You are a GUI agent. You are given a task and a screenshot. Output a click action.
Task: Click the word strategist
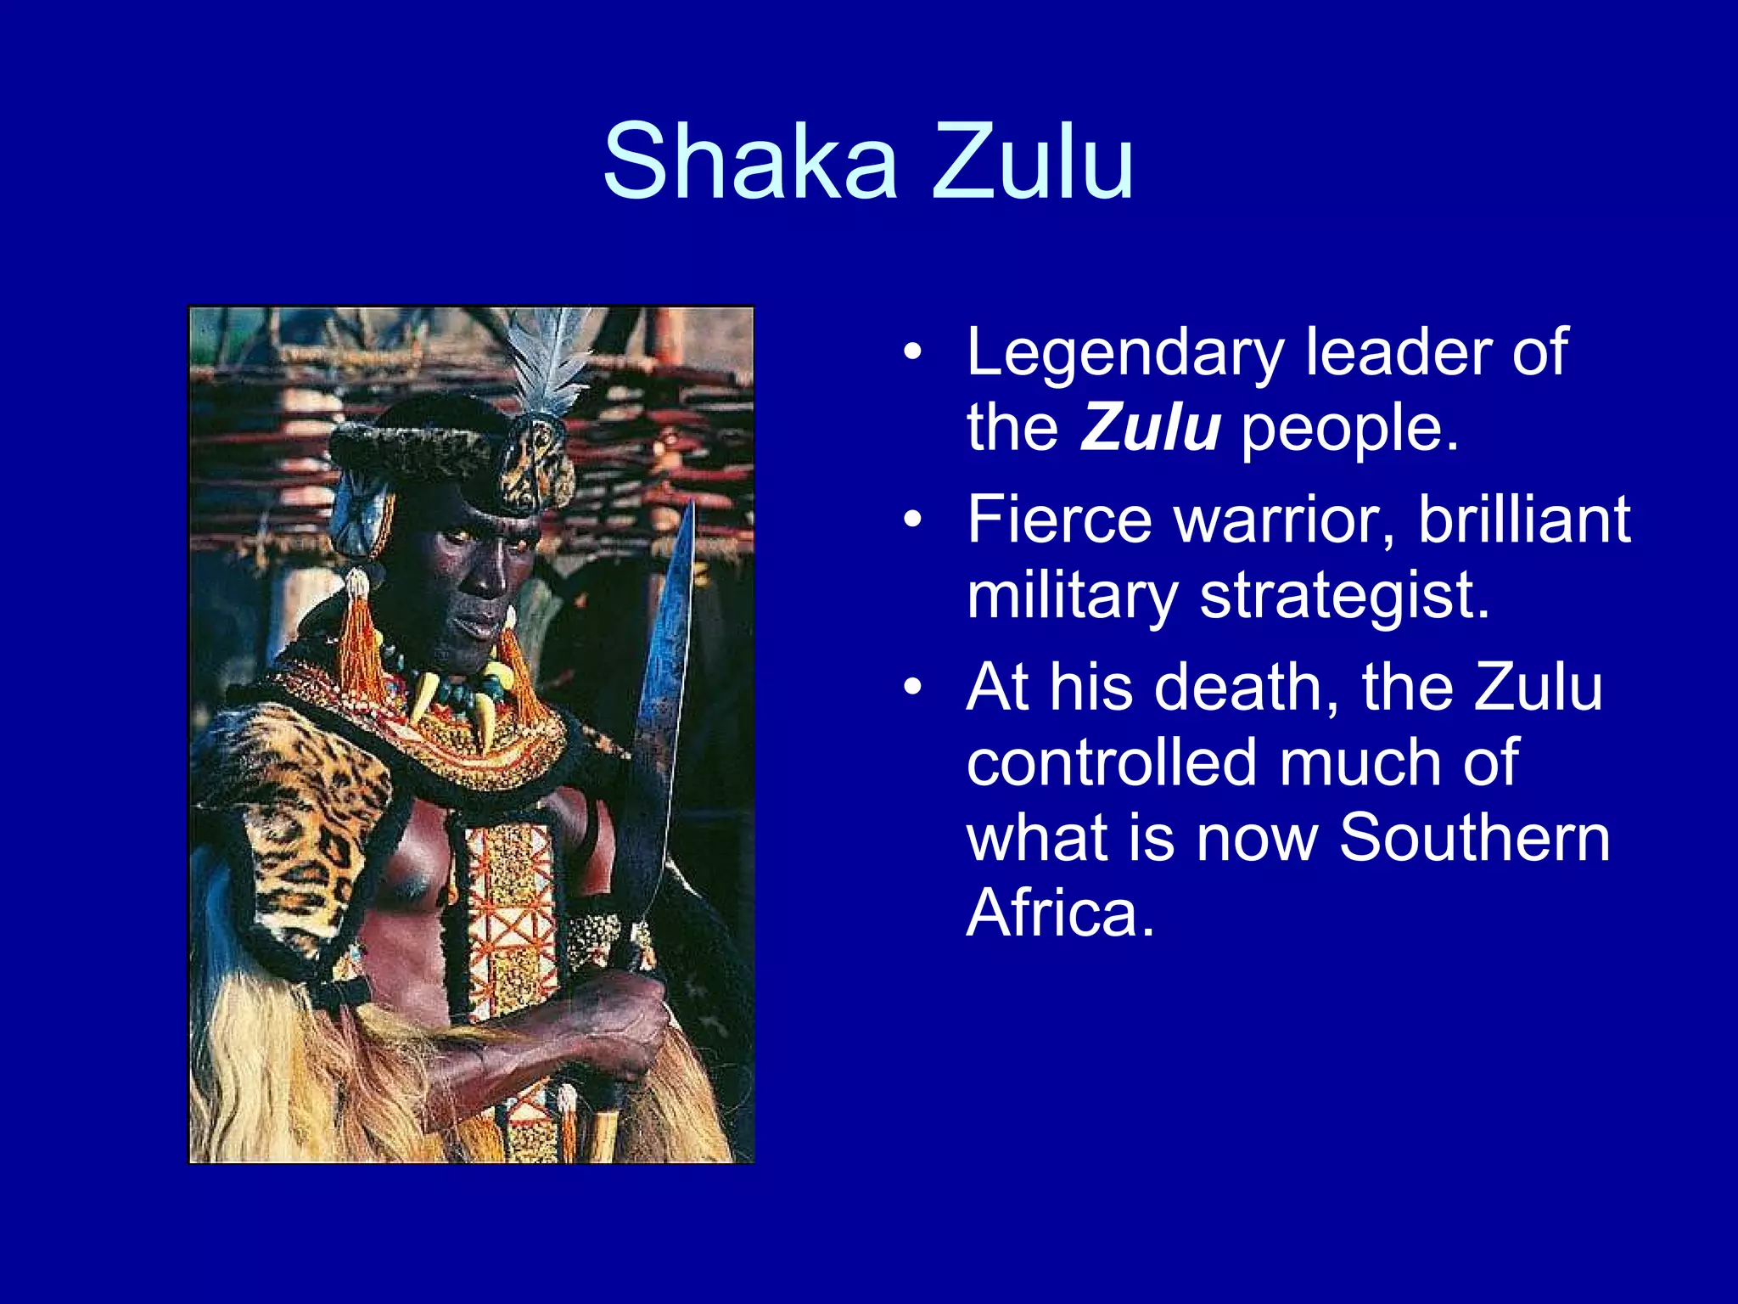pyautogui.click(x=1344, y=596)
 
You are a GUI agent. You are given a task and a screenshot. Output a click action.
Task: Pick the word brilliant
pyautogui.click(x=1523, y=520)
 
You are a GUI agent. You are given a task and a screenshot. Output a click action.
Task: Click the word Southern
pyautogui.click(x=1474, y=838)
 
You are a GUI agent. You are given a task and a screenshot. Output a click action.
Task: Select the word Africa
pyautogui.click(x=1061, y=913)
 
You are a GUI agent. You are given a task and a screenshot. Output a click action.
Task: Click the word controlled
pyautogui.click(x=1112, y=762)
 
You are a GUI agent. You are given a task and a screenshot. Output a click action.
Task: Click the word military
pyautogui.click(x=1073, y=596)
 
